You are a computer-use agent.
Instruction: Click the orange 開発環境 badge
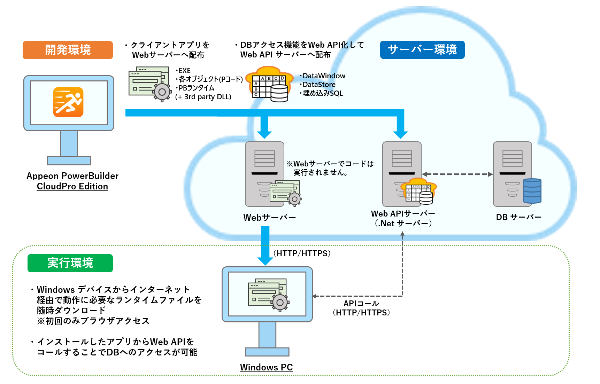(x=68, y=50)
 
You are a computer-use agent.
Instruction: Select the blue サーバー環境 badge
(x=422, y=50)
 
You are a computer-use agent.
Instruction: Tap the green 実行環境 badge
(x=70, y=263)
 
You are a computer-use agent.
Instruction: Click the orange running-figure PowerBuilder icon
(x=68, y=102)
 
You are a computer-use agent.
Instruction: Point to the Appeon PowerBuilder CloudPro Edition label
(x=72, y=181)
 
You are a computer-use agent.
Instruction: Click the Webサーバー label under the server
(x=269, y=218)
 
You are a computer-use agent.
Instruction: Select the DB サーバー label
(x=518, y=217)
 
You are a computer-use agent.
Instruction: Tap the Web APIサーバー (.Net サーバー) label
(x=403, y=219)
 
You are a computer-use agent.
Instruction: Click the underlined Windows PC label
(x=266, y=367)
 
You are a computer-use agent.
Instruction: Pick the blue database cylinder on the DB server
(x=532, y=191)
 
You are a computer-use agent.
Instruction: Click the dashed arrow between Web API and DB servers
(x=457, y=174)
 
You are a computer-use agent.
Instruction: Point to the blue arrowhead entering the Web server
(x=264, y=134)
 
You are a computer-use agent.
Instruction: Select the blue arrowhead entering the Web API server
(x=400, y=134)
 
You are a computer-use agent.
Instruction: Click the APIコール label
(x=361, y=304)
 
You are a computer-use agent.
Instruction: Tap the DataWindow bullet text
(x=324, y=76)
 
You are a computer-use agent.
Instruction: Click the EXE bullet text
(x=184, y=71)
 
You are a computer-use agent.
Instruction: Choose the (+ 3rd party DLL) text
(x=203, y=97)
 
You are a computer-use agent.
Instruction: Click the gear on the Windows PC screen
(x=280, y=303)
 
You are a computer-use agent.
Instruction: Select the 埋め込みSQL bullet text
(x=322, y=93)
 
